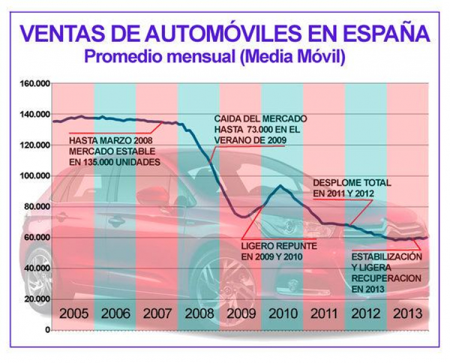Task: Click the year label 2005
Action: pyautogui.click(x=73, y=313)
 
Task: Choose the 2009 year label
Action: pyautogui.click(x=240, y=313)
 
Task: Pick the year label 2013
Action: pyautogui.click(x=406, y=313)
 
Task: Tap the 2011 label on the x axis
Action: pyautogui.click(x=323, y=313)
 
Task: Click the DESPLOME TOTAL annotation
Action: pyautogui.click(x=351, y=182)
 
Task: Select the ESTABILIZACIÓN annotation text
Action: pyautogui.click(x=386, y=257)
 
